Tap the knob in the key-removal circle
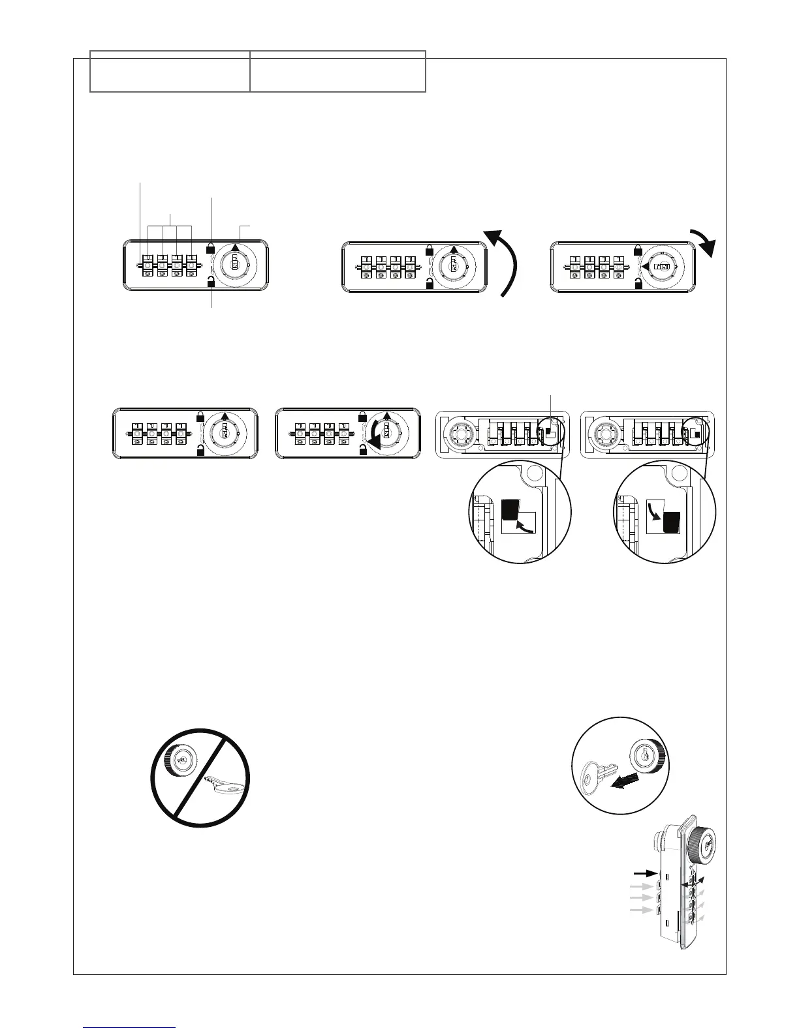[646, 756]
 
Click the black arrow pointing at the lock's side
[644, 872]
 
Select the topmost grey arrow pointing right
[640, 887]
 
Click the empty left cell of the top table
[170, 71]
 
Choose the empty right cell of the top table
[337, 71]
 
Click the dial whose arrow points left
[660, 267]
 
